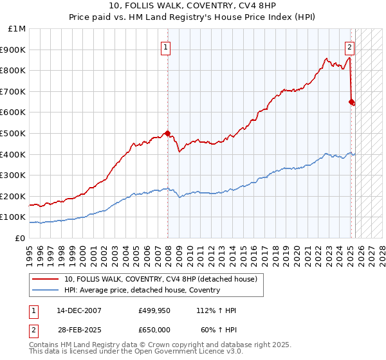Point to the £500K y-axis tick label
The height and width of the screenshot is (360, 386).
click(15, 134)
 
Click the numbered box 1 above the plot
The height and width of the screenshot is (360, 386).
click(166, 47)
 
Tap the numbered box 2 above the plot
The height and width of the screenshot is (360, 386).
click(349, 47)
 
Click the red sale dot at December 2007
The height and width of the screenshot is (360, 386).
click(167, 134)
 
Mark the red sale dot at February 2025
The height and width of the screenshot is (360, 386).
click(351, 102)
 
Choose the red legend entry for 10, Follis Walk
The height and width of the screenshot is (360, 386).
click(161, 279)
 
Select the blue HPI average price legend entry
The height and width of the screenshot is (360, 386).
click(142, 290)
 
